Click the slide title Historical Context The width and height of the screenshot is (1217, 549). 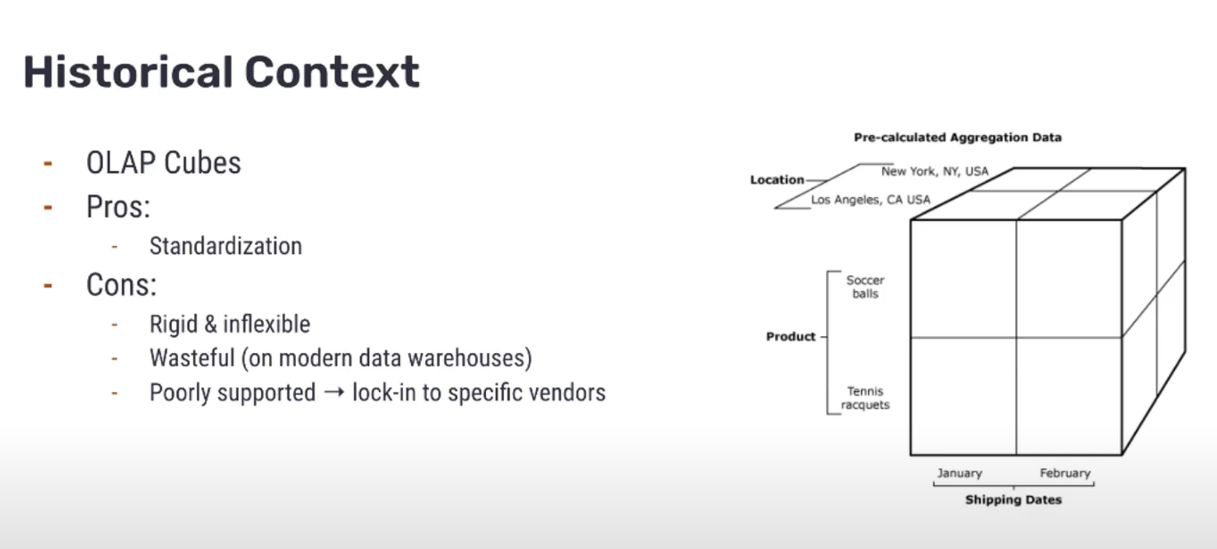[222, 72]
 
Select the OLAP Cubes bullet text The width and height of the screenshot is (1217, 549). [163, 163]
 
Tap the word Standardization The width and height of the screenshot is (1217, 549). [226, 246]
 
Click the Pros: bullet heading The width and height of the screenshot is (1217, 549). [118, 207]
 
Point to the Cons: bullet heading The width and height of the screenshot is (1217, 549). [121, 285]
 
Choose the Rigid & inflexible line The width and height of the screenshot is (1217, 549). [230, 324]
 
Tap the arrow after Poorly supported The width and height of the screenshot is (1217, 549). [334, 392]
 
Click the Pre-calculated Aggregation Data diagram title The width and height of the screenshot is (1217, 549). [957, 137]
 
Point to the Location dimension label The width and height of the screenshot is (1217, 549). [777, 179]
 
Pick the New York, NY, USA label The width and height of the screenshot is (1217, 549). [935, 171]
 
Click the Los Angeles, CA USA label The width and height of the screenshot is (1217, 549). [870, 200]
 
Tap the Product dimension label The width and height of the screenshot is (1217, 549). [791, 336]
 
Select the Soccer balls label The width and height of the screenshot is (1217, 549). [865, 287]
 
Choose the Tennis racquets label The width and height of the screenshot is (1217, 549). [865, 398]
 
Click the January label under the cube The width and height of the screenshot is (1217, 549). [959, 473]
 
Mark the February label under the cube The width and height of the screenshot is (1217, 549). [1065, 473]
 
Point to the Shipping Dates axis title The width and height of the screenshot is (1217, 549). [1013, 499]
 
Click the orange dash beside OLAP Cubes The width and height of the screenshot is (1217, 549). [48, 163]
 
